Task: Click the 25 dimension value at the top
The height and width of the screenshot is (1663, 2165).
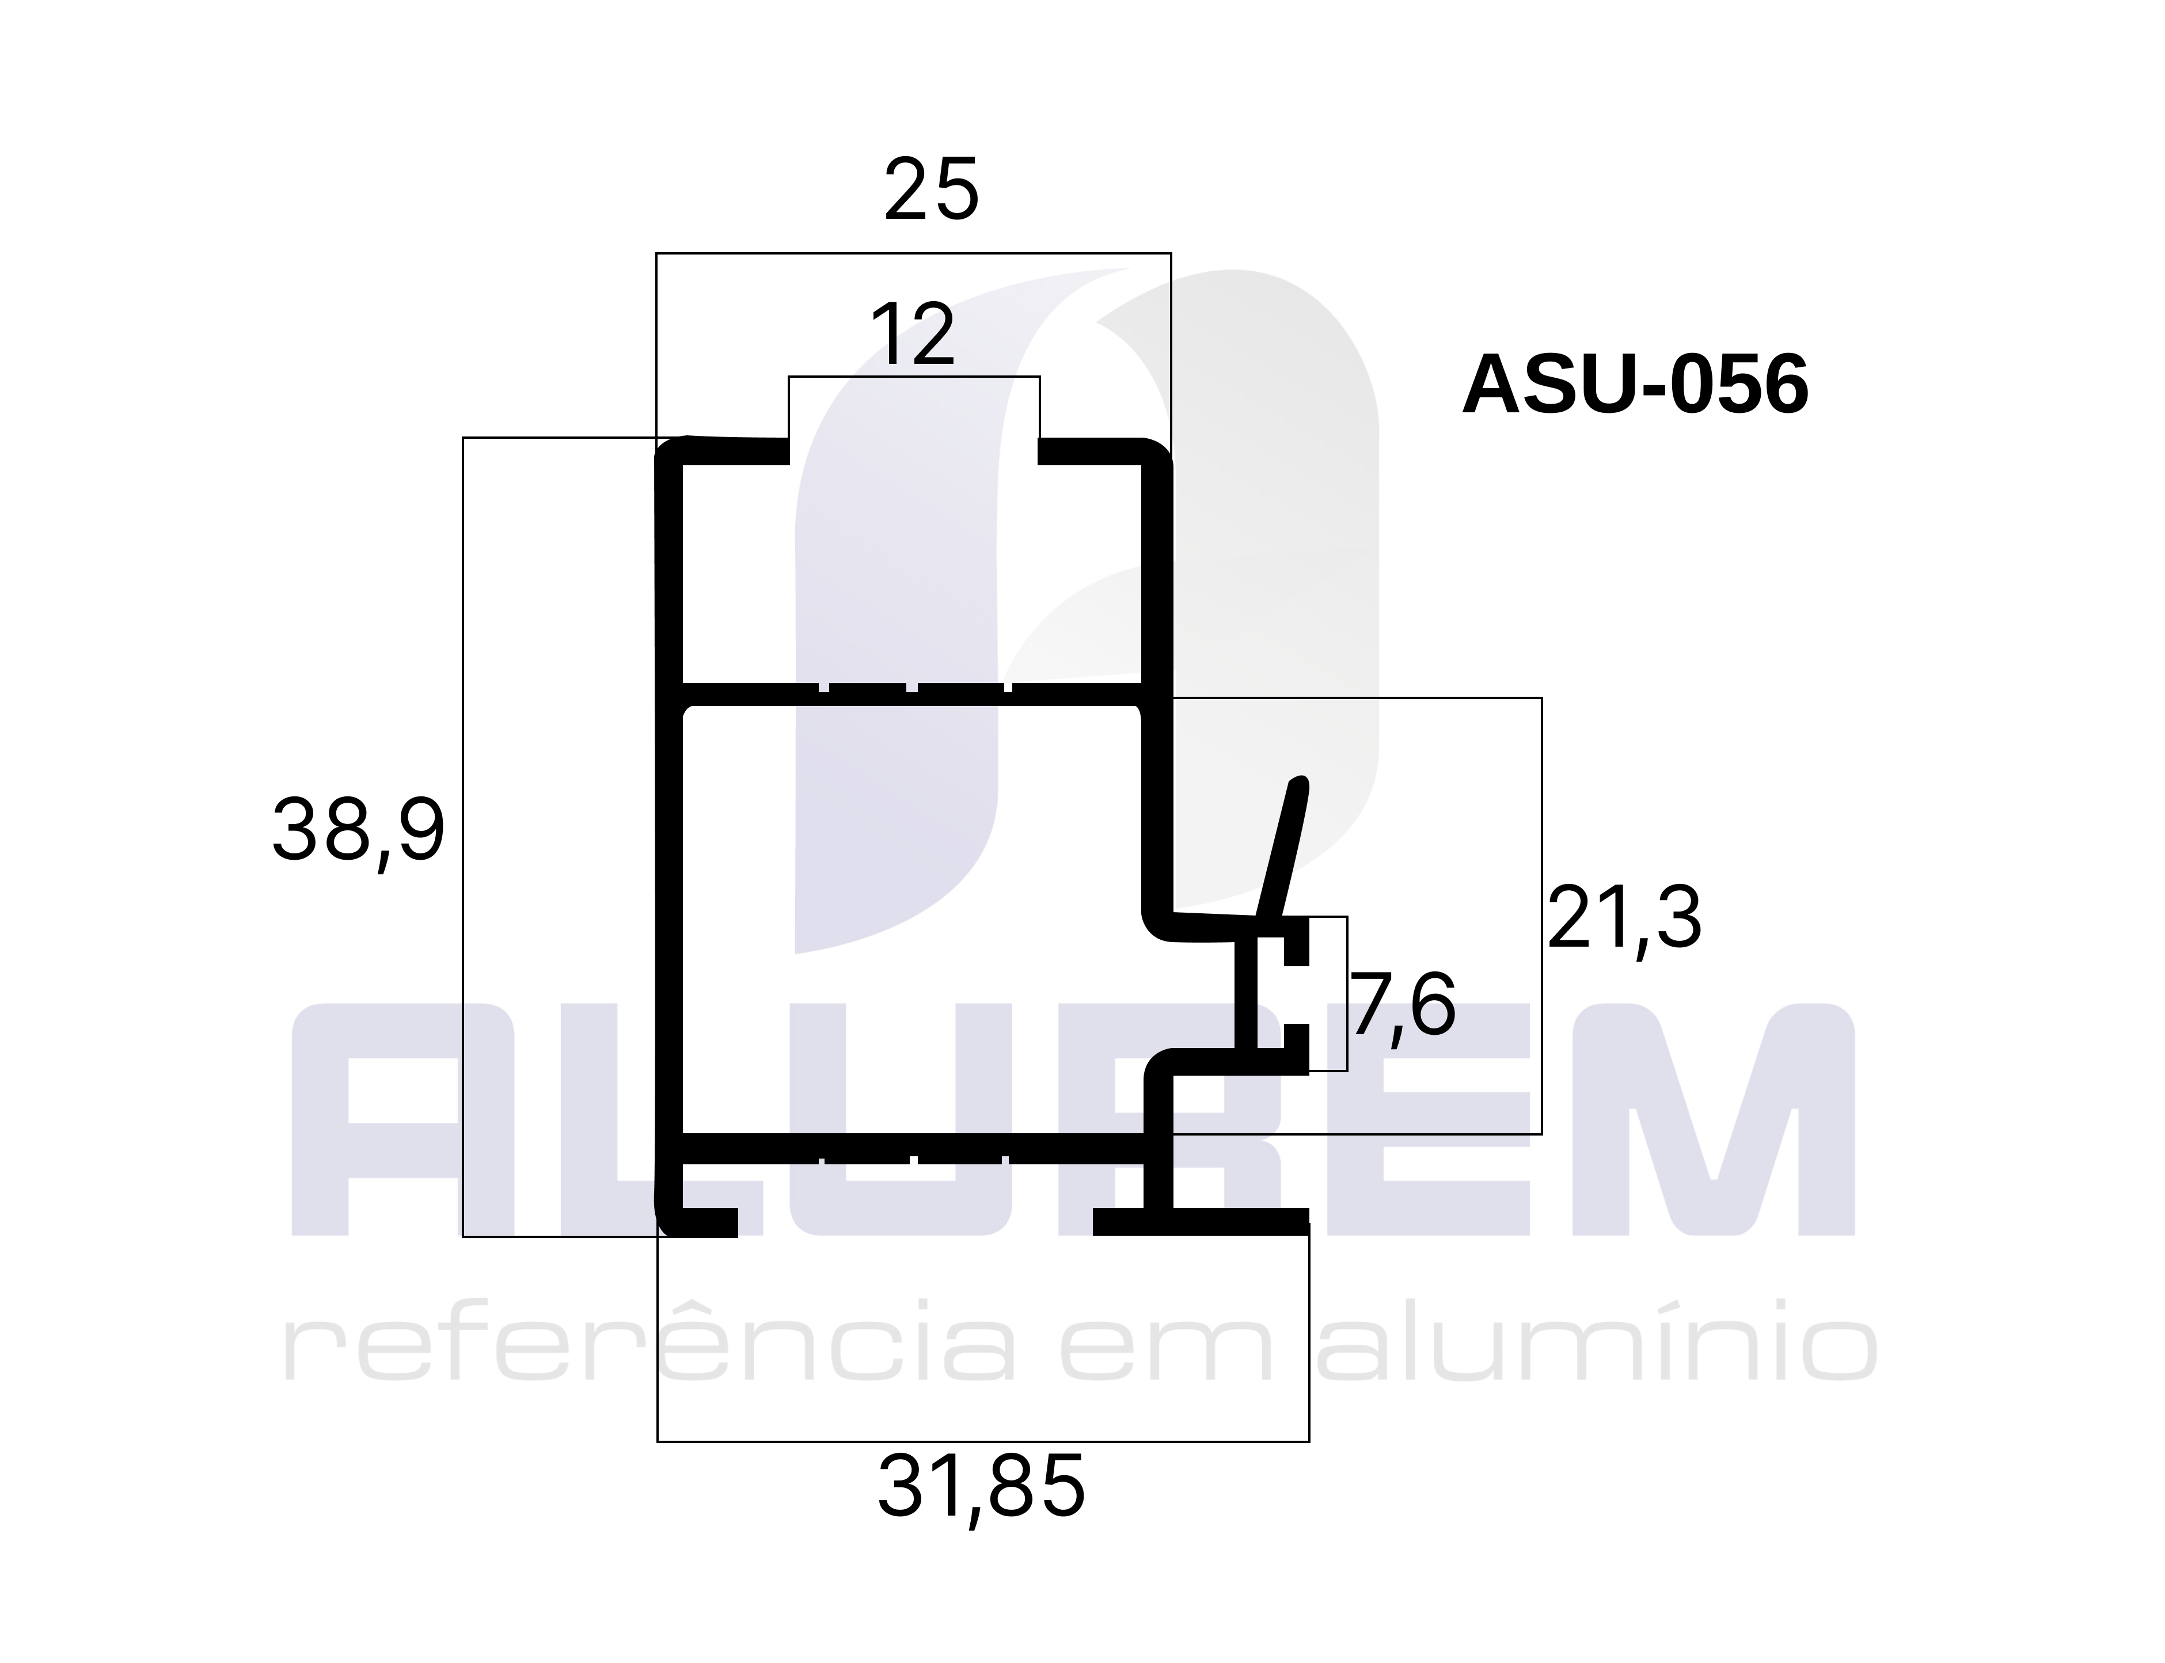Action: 930,189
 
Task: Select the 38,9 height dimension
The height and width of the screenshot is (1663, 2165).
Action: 358,831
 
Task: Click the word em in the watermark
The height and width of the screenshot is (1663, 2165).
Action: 1168,1351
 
